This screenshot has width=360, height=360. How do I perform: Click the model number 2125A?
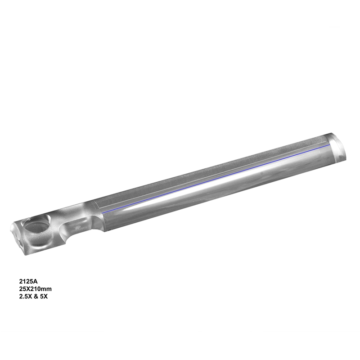click(28, 281)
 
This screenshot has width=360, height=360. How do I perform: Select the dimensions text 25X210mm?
click(36, 289)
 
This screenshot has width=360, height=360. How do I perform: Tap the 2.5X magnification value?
click(25, 297)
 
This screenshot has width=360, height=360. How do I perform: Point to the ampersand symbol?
click(36, 297)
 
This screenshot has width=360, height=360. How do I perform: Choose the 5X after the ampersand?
click(44, 297)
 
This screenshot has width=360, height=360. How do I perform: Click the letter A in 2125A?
click(36, 281)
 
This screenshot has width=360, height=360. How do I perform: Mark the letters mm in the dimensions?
click(47, 289)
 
